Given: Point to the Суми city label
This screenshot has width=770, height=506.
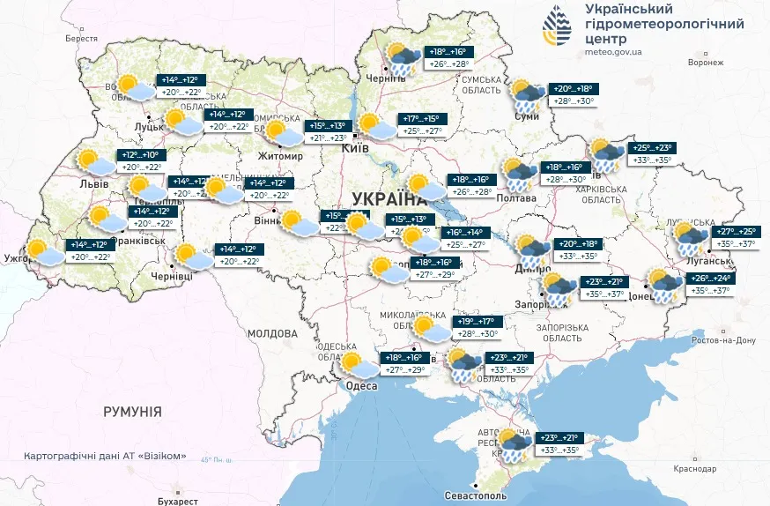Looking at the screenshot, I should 527,116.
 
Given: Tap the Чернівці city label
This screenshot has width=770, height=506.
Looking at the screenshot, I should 196,276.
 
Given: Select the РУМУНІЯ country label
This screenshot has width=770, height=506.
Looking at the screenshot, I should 132,412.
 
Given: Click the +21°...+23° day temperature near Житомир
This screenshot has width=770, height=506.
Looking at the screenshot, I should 328,138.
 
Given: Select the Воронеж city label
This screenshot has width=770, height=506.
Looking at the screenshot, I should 705,63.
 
